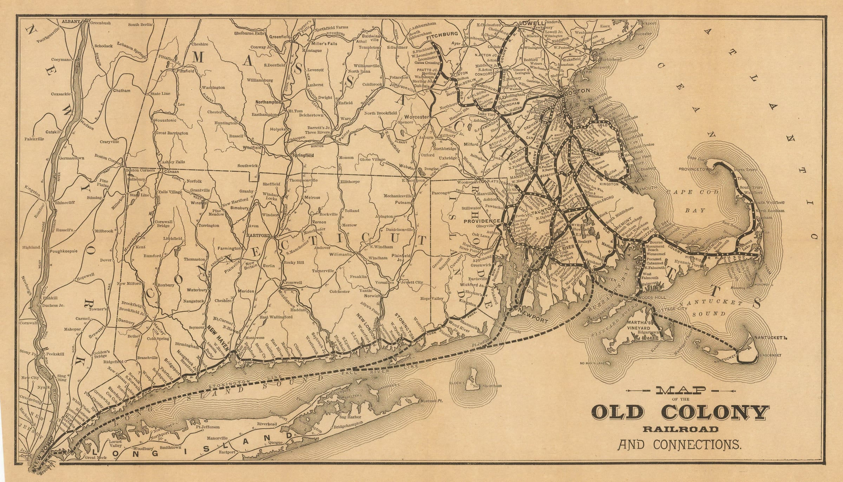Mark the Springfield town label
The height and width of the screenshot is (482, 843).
[301, 155]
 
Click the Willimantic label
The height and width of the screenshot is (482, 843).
[340, 254]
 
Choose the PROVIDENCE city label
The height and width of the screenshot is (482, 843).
[482, 221]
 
